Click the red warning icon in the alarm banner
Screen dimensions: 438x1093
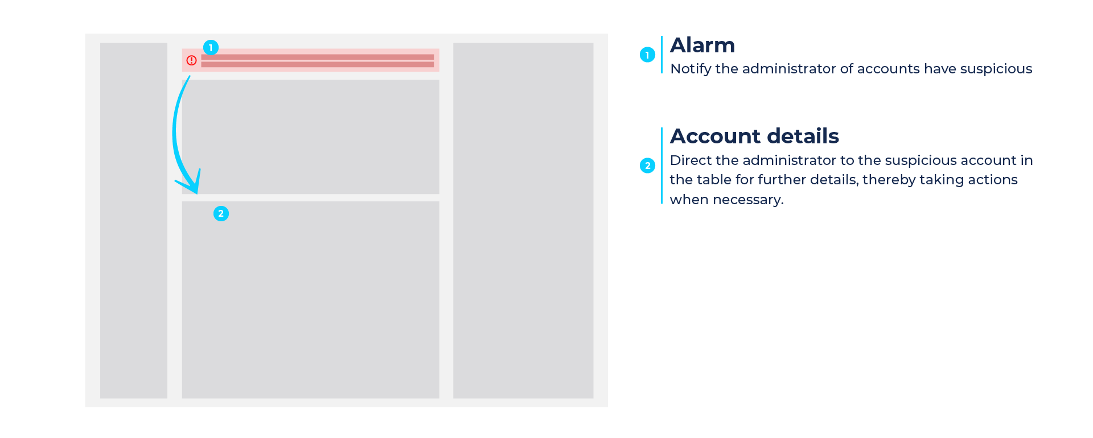pos(191,60)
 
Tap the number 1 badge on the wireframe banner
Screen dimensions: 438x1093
pos(211,48)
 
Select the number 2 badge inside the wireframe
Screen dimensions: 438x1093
pos(221,213)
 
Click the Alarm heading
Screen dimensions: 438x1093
pos(702,46)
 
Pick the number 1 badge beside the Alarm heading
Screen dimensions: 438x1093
pos(647,55)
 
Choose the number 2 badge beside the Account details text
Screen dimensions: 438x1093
pos(647,166)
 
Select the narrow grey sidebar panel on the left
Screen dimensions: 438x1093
pos(134,221)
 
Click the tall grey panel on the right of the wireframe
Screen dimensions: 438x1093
pos(523,221)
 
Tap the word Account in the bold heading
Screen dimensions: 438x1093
pos(715,137)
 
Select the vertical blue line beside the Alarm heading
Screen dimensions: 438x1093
pos(661,55)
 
